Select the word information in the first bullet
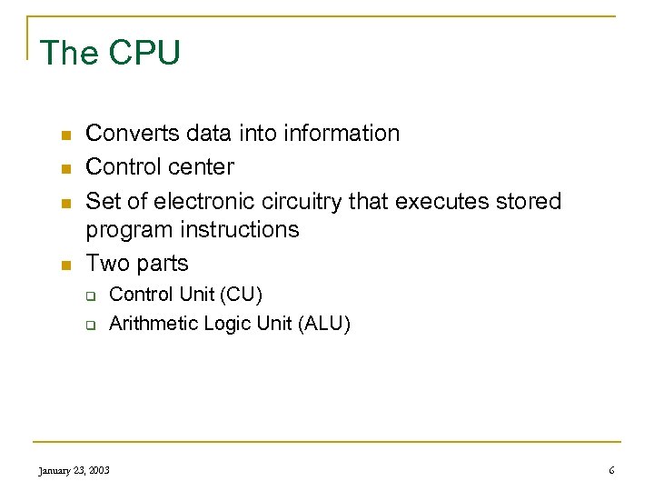pyautogui.click(x=342, y=133)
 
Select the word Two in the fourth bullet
pyautogui.click(x=104, y=263)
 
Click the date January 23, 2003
pyautogui.click(x=74, y=470)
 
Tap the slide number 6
pyautogui.click(x=611, y=470)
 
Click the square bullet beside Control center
pyautogui.click(x=64, y=168)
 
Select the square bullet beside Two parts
pyautogui.click(x=64, y=265)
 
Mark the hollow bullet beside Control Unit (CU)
pyautogui.click(x=91, y=296)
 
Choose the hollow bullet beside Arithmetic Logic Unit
pyautogui.click(x=91, y=325)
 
